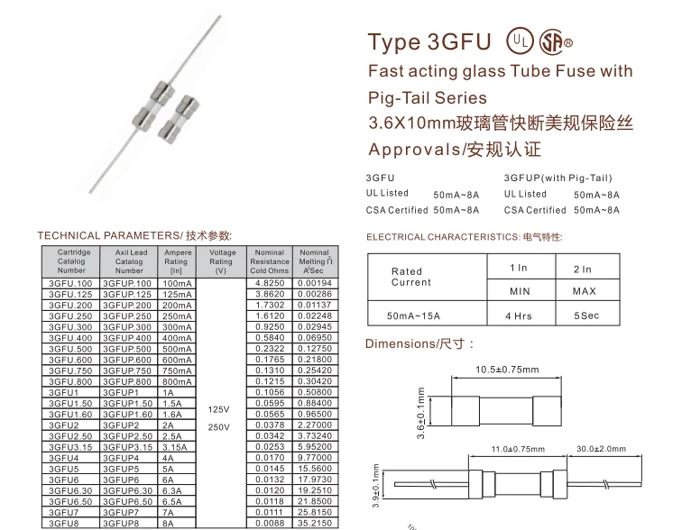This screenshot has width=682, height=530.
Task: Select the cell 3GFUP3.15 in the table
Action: click(x=128, y=446)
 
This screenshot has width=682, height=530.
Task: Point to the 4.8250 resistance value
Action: click(x=270, y=284)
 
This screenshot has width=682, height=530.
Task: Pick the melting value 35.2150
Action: click(x=315, y=523)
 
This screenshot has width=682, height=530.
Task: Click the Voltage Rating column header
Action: click(x=221, y=261)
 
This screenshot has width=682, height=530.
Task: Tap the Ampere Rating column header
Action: click(x=177, y=261)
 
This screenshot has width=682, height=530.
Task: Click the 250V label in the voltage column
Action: click(x=220, y=426)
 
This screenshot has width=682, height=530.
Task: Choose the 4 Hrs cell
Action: click(x=519, y=316)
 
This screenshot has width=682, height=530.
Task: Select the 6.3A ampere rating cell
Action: click(x=177, y=490)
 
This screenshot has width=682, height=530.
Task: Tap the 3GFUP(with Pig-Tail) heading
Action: click(x=558, y=178)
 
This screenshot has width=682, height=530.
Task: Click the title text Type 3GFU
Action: click(x=429, y=42)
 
